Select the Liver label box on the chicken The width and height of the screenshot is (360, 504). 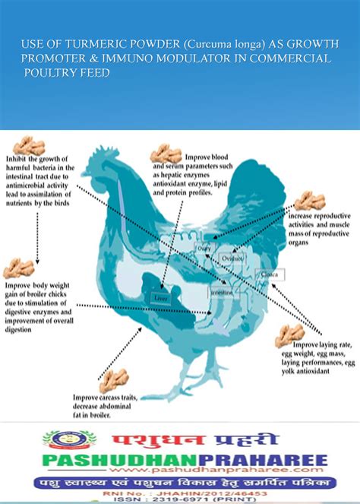(160, 299)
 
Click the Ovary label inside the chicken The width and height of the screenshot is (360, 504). (204, 249)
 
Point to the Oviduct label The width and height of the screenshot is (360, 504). (232, 258)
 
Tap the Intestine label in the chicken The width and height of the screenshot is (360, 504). (221, 292)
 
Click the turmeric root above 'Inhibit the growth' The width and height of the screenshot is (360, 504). (30, 145)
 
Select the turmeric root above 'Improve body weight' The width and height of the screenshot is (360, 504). (18, 268)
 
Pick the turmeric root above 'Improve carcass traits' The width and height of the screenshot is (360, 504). (115, 379)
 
